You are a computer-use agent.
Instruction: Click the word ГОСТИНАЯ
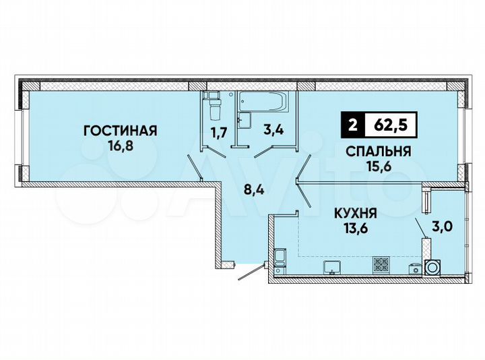[120, 130]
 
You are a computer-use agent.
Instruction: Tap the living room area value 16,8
[120, 144]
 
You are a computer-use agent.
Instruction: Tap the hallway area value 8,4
[253, 191]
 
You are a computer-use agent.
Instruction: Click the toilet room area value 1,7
[219, 132]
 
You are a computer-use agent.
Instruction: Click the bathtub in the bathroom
[265, 103]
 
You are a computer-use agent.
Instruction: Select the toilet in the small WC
[214, 107]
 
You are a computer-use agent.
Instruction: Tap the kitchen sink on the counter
[331, 267]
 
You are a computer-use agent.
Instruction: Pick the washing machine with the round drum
[432, 268]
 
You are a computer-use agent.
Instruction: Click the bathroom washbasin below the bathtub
[246, 121]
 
